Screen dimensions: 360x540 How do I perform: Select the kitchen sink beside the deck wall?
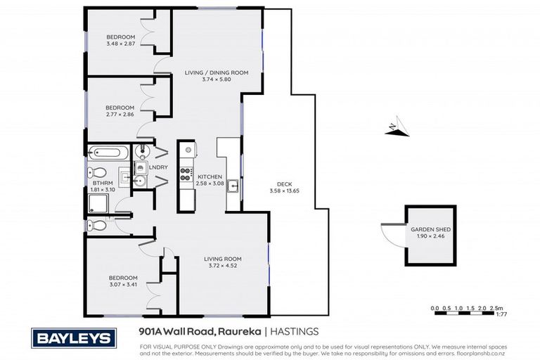coord(233,186)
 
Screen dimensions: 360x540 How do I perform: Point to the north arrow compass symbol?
coord(394,128)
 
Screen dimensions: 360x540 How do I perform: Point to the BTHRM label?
coord(103,184)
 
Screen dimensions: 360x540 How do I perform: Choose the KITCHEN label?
coord(210,176)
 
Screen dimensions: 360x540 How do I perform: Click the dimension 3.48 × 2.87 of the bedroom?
coord(121,45)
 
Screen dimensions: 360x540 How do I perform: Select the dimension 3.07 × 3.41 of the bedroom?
coord(122,285)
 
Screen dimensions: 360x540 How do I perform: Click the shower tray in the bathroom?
coord(100,204)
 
